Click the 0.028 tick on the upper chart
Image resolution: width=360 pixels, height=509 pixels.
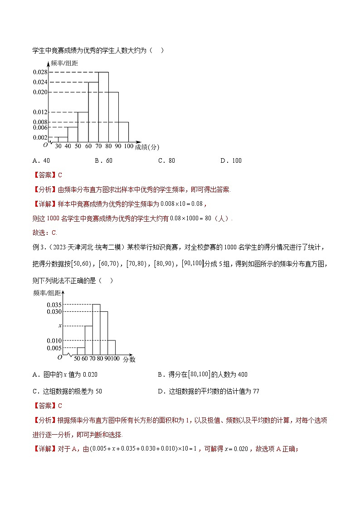tap(40, 72)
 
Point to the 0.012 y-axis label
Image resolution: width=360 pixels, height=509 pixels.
tap(40, 112)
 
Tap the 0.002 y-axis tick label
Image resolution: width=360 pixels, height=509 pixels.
tap(40, 137)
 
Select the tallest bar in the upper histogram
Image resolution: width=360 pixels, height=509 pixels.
tap(103, 107)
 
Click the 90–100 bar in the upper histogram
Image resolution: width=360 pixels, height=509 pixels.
tap(123, 132)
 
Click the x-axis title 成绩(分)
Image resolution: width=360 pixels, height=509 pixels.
tap(147, 147)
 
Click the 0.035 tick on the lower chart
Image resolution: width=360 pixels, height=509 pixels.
tap(54, 305)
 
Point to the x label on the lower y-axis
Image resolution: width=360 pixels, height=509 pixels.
tap(59, 325)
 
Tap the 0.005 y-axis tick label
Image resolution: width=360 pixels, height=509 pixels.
tap(54, 348)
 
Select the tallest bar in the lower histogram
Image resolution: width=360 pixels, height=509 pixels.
tap(96, 329)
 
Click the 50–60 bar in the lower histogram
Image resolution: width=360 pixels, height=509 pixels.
tap(81, 351)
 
